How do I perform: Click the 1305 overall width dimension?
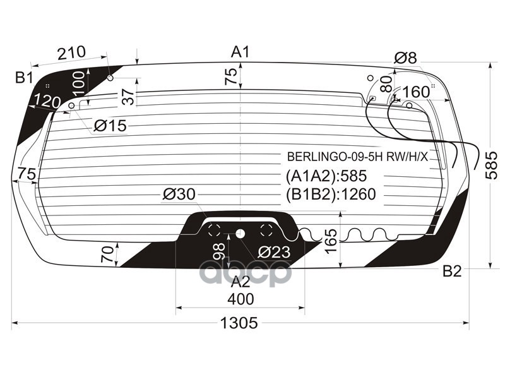click(239, 323)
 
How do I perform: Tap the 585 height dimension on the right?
click(492, 165)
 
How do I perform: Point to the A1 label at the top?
click(241, 52)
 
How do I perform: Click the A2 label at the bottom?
click(241, 282)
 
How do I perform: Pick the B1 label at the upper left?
click(24, 78)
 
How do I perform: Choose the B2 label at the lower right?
click(452, 272)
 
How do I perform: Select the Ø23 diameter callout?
click(273, 252)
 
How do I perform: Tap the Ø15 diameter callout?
click(110, 126)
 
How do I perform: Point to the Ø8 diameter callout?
click(405, 58)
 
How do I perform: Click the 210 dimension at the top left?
click(71, 54)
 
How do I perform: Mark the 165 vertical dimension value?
click(331, 241)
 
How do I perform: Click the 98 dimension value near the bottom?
click(219, 251)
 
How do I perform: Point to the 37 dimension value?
click(128, 97)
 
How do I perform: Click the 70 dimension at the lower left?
click(108, 254)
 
